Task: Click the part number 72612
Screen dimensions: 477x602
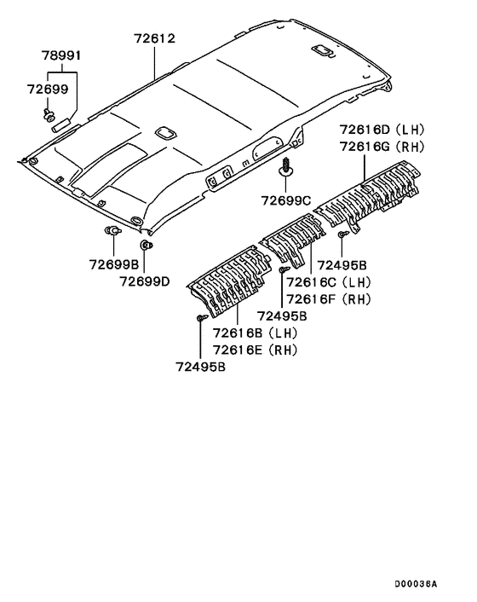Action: coord(154,38)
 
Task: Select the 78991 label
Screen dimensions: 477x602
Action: coord(61,55)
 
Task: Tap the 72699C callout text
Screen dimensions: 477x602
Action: coord(286,200)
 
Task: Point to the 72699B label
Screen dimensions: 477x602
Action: coord(114,264)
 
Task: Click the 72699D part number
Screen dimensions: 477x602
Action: coord(145,281)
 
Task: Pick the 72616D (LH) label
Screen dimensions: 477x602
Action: coord(382,130)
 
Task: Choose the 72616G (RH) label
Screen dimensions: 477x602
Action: coord(382,147)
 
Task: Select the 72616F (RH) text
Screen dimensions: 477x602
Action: coord(329,299)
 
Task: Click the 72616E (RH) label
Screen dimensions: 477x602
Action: coord(255,350)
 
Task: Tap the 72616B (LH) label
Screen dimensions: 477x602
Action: coord(255,333)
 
